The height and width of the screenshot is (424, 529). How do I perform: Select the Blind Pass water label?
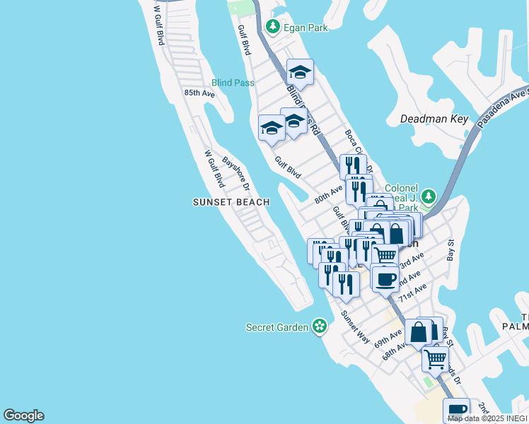point(233,83)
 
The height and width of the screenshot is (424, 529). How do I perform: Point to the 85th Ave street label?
point(199,93)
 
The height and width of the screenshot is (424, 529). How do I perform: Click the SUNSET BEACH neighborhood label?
point(231,202)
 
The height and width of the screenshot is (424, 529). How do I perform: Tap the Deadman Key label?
point(434,119)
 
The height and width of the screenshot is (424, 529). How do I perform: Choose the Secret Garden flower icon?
point(320,326)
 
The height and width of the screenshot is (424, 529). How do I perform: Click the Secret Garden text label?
point(277,327)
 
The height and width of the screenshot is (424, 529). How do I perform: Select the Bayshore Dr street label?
point(236,173)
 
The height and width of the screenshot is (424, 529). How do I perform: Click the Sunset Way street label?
point(355,326)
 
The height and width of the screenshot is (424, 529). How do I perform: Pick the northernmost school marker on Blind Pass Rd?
point(300,71)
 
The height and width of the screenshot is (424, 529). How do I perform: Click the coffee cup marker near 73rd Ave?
point(385,278)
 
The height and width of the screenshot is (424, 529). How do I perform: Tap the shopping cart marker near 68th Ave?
point(435,358)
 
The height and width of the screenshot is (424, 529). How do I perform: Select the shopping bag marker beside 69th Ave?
point(419,331)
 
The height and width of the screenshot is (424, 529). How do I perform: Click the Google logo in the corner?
point(23,416)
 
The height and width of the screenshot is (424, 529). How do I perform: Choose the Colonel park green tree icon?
point(429,195)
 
